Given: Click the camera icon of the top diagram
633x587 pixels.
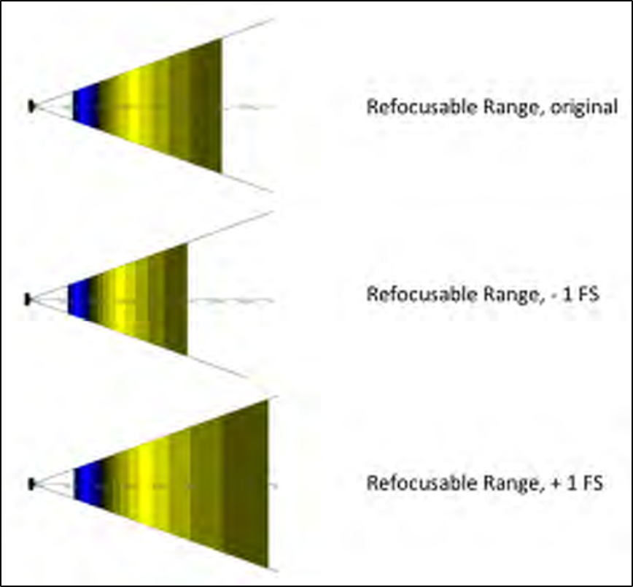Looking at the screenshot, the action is point(32,107).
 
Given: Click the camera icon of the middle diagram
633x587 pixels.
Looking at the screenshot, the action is point(29,299).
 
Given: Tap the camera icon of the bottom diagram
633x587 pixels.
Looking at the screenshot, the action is point(32,484).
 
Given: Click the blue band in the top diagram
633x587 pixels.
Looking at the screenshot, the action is point(86,107).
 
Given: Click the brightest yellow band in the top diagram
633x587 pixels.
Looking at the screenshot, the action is point(133,107).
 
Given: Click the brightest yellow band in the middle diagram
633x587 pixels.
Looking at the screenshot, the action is point(124,299).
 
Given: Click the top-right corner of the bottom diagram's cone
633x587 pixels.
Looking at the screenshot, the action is point(268,401).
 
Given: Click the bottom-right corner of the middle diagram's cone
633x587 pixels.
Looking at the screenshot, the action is point(187,355).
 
